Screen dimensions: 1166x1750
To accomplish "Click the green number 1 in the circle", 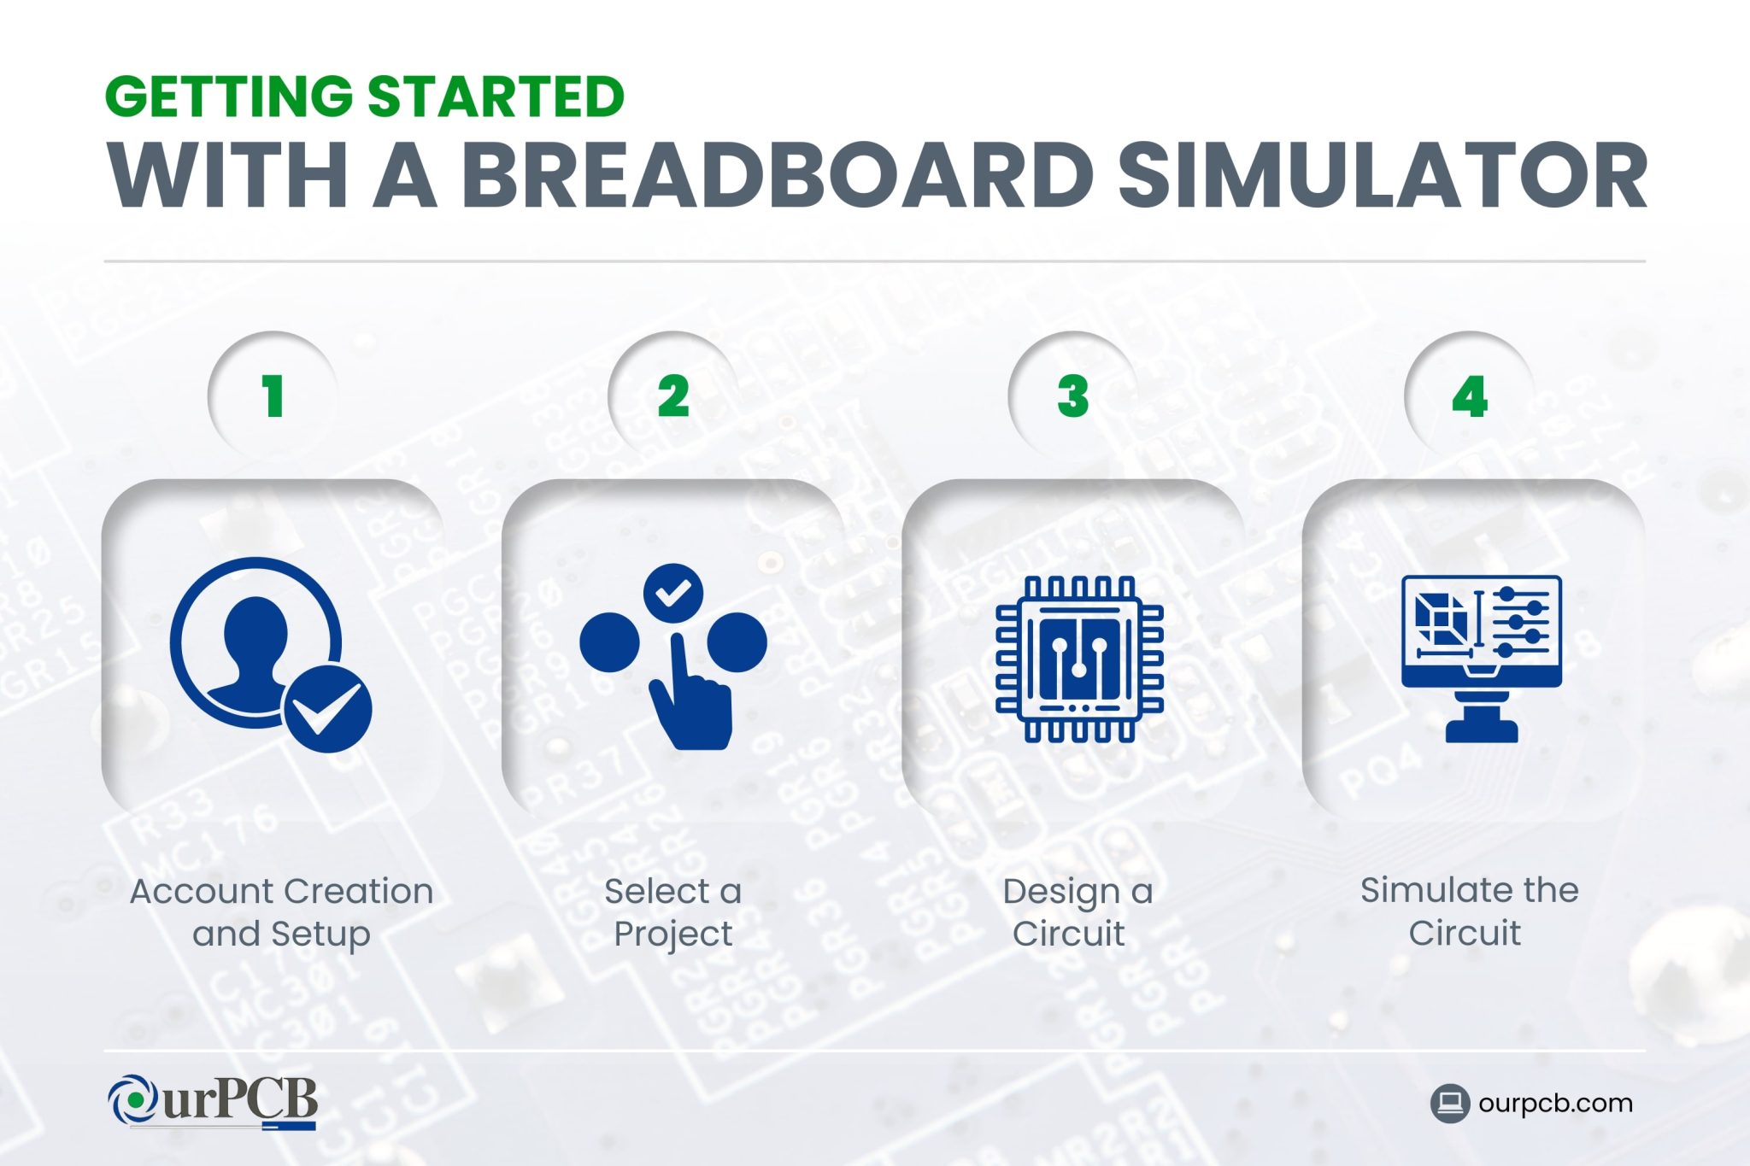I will (x=273, y=396).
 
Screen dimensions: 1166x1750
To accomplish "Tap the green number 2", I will (x=673, y=396).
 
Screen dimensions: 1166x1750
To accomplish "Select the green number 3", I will (x=1073, y=396).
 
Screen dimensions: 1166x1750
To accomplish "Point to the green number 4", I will (x=1470, y=396).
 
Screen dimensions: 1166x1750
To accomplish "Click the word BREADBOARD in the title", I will (x=778, y=176).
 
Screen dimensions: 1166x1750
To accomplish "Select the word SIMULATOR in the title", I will (x=1382, y=176).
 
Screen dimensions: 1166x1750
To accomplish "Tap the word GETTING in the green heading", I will (x=228, y=97).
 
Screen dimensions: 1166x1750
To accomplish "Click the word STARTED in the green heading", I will (x=496, y=97).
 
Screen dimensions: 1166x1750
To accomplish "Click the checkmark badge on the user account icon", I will (x=327, y=709).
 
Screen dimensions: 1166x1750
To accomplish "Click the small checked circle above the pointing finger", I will (x=672, y=592).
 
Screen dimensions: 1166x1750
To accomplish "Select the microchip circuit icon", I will (x=1079, y=658).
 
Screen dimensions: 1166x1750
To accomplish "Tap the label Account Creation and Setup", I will (x=281, y=911).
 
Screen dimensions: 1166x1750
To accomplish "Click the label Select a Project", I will (x=672, y=911).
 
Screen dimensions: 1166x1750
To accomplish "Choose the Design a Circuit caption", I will (x=1077, y=911).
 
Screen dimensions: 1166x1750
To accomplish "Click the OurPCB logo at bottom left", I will (x=214, y=1101).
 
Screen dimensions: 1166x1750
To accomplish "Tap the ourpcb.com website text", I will (x=1554, y=1103).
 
